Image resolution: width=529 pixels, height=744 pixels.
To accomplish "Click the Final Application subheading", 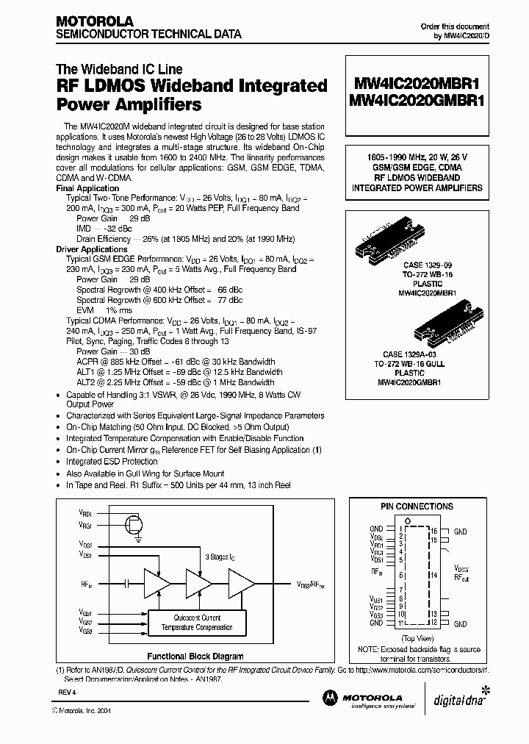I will point(87,189).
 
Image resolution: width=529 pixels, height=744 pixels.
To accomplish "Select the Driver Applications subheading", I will point(93,249).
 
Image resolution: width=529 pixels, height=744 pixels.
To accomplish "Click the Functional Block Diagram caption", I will point(195,657).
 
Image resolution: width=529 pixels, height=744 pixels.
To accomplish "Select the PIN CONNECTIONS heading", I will point(417,507).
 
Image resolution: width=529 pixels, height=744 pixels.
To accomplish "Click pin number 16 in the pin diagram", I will point(433,530).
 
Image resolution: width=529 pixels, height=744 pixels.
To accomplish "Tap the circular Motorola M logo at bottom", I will point(329,698).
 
